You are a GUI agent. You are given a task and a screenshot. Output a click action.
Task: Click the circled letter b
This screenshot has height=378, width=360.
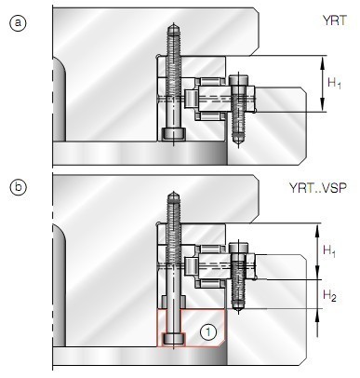tap(16, 187)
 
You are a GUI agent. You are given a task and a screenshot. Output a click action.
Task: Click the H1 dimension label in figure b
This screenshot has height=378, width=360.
tap(329, 252)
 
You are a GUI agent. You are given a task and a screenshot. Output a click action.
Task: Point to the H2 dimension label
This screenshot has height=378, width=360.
tap(329, 295)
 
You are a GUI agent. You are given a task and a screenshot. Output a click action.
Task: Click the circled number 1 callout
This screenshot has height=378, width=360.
tap(209, 330)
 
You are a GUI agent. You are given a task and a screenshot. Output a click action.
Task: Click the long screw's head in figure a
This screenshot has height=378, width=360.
tap(173, 133)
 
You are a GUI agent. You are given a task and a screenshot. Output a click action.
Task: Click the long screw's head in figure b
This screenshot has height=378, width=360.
tap(173, 338)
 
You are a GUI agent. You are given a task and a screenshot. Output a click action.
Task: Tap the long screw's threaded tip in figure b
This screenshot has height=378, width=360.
tap(173, 200)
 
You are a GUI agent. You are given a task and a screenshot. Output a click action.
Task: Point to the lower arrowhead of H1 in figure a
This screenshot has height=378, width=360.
tap(320, 109)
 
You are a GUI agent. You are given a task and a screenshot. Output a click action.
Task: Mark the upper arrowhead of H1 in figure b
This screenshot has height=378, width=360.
tap(319, 226)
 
